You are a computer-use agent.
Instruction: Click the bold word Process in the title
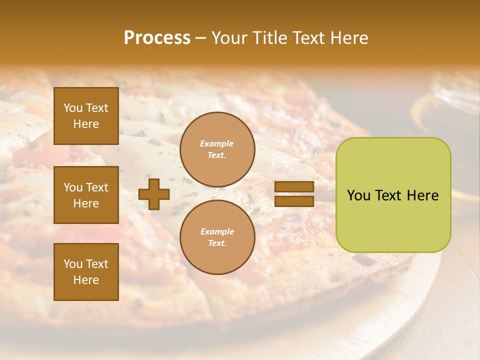[x=157, y=38]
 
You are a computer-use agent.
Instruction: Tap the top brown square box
[x=86, y=116]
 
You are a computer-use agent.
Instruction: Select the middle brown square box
[x=86, y=195]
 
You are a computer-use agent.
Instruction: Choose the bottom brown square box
[x=86, y=272]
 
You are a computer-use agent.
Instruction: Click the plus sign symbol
[x=154, y=194]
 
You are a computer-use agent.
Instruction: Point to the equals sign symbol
[x=294, y=194]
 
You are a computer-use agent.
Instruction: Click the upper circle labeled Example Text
[x=217, y=149]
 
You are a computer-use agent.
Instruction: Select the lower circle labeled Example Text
[x=217, y=237]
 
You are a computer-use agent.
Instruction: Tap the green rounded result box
[x=393, y=195]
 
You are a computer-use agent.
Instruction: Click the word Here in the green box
[x=422, y=195]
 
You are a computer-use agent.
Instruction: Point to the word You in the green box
[x=359, y=195]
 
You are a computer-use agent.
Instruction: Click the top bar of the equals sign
[x=294, y=187]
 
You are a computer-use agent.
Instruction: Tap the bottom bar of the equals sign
[x=294, y=201]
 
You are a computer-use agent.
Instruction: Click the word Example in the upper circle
[x=217, y=143]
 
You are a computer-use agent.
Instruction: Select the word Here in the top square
[x=86, y=124]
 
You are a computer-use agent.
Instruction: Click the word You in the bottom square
[x=73, y=264]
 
